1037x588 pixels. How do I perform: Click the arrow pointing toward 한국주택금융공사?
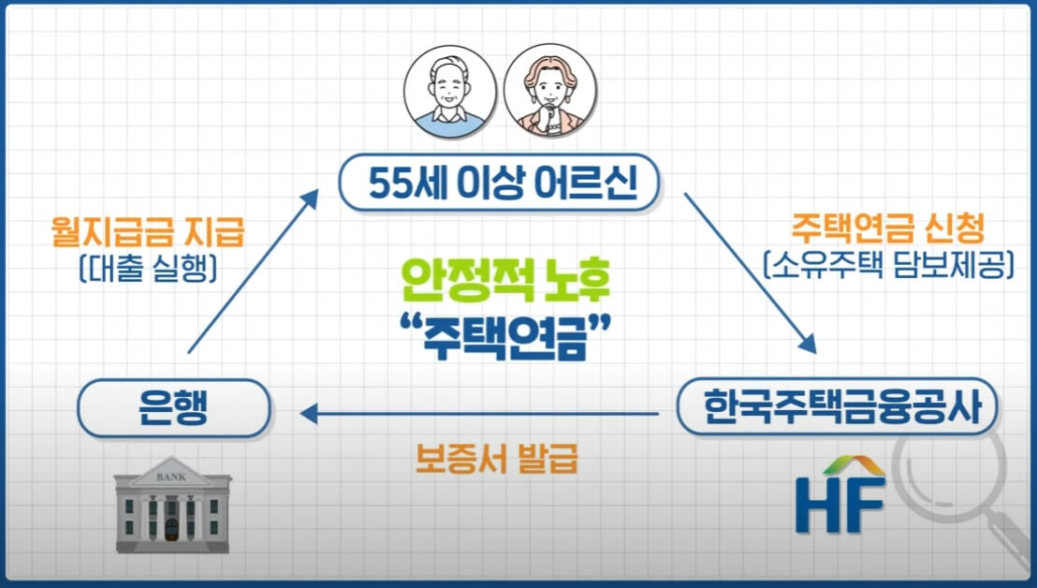[x=750, y=272]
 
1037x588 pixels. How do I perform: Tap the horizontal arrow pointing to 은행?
[x=477, y=412]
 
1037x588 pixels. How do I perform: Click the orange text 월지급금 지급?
[x=144, y=230]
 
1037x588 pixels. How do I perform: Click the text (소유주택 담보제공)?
[x=889, y=265]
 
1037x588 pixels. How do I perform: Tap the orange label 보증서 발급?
[x=497, y=460]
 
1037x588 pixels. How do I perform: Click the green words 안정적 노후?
[x=504, y=278]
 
